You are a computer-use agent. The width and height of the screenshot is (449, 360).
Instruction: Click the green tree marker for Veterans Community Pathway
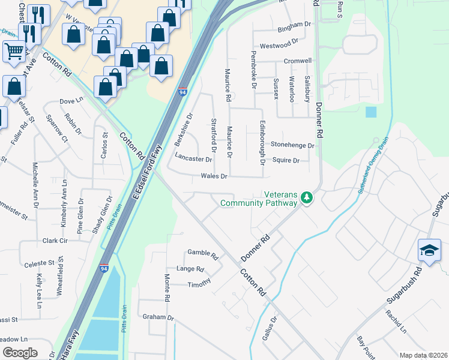(307, 197)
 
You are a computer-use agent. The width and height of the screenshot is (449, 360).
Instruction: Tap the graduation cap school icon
(430, 250)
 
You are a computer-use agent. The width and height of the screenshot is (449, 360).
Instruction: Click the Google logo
(20, 353)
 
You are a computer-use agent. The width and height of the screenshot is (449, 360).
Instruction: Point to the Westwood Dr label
(279, 45)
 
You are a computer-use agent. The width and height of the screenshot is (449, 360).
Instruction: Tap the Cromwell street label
(298, 61)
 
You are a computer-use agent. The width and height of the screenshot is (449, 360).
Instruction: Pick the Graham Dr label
(158, 317)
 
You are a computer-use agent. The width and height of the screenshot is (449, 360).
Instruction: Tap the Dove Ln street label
(71, 101)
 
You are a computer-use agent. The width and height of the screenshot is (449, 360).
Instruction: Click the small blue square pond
(371, 112)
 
